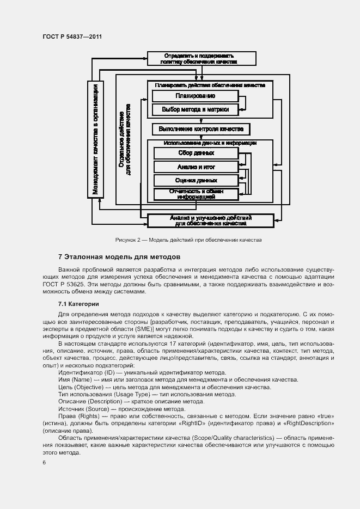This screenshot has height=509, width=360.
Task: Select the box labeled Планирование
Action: click(196, 96)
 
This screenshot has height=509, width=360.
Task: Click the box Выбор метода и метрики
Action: click(196, 109)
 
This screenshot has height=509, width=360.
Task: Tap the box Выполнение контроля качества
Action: click(201, 129)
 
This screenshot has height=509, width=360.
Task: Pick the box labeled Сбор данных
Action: click(196, 154)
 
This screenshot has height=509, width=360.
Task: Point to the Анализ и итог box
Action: click(196, 167)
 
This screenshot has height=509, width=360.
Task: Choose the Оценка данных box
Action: click(196, 180)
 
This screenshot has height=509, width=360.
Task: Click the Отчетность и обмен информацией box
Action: click(196, 194)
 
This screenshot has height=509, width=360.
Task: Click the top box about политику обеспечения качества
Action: click(202, 58)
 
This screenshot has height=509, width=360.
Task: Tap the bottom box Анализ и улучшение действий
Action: click(211, 220)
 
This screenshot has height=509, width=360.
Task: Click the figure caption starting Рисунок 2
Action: click(188, 240)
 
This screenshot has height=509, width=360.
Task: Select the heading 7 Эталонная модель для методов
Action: click(119, 256)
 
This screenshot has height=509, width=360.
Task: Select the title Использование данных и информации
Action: click(210, 143)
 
